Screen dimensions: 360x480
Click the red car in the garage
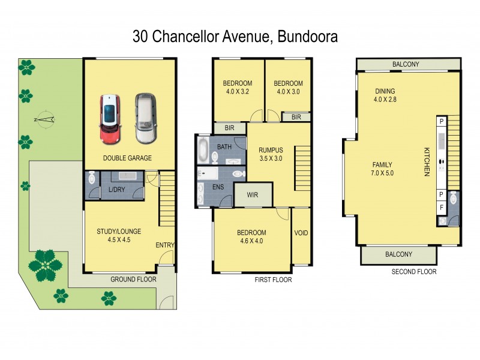pyautogui.click(x=109, y=119)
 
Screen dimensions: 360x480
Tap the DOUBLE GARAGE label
pyautogui.click(x=127, y=158)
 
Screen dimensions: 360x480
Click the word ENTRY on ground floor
pyautogui.click(x=164, y=245)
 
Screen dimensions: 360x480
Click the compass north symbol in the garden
pyautogui.click(x=46, y=119)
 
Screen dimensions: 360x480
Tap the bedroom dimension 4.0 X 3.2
pyautogui.click(x=238, y=92)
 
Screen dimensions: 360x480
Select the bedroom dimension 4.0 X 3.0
pyautogui.click(x=288, y=92)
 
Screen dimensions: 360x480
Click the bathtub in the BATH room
pyautogui.click(x=203, y=150)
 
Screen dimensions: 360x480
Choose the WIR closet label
pyautogui.click(x=253, y=194)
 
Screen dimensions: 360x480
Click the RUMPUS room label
pyautogui.click(x=270, y=150)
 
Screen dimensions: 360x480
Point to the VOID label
pyautogui.click(x=301, y=232)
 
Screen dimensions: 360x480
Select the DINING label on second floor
pyautogui.click(x=385, y=91)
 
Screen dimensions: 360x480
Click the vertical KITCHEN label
pyautogui.click(x=428, y=161)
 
